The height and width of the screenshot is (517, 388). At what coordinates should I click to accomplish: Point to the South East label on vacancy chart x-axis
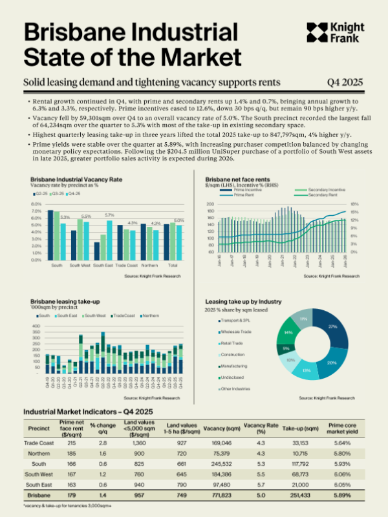(103, 265)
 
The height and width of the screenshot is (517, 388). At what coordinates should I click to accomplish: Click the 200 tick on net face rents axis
(210, 204)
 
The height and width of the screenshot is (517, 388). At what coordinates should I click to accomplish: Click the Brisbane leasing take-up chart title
(59, 301)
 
